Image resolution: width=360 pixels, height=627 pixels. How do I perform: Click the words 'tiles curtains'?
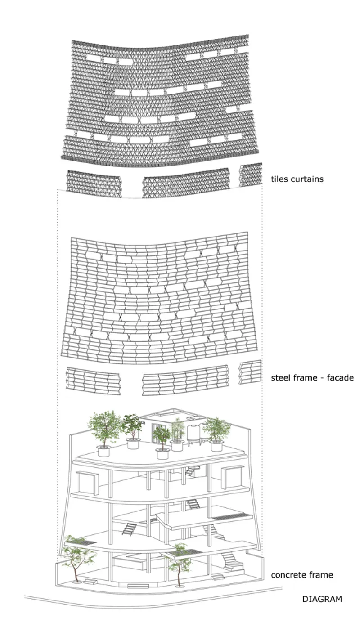(297, 179)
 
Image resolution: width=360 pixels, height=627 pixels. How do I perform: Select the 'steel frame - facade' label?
(312, 378)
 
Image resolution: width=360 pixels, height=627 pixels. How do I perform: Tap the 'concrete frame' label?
(302, 575)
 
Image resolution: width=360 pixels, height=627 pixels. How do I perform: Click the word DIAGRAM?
(322, 599)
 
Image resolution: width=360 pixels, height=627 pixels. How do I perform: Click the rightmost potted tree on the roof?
(216, 434)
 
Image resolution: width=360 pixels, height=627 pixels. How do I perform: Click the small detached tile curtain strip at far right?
(251, 175)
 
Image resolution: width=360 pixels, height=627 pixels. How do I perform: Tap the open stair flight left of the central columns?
(129, 529)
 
